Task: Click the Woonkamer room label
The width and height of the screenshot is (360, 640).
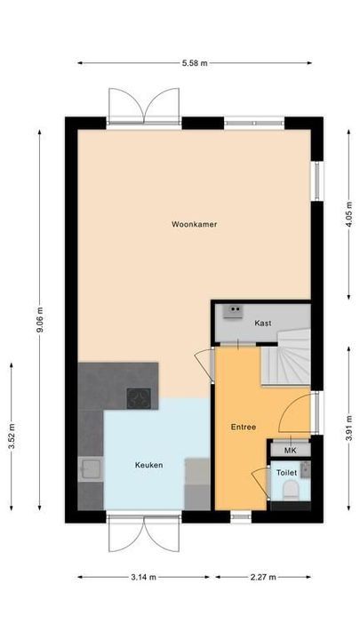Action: [x=195, y=225]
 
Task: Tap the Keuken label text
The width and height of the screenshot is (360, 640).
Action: [x=148, y=465]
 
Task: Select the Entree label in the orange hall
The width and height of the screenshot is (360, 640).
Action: [x=244, y=428]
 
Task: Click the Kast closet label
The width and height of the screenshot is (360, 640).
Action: [x=262, y=323]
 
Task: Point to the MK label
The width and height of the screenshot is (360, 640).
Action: [x=291, y=451]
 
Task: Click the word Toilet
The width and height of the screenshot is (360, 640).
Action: [x=286, y=473]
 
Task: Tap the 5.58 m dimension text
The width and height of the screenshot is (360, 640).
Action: [x=195, y=63]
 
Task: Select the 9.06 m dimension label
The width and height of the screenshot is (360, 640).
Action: [x=40, y=319]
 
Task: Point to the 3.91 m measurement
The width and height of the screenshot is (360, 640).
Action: [x=349, y=436]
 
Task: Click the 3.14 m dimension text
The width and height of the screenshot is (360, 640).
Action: [x=142, y=577]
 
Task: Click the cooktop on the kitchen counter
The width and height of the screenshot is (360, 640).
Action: [x=140, y=397]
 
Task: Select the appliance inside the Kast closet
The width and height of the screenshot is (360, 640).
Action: [x=235, y=310]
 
